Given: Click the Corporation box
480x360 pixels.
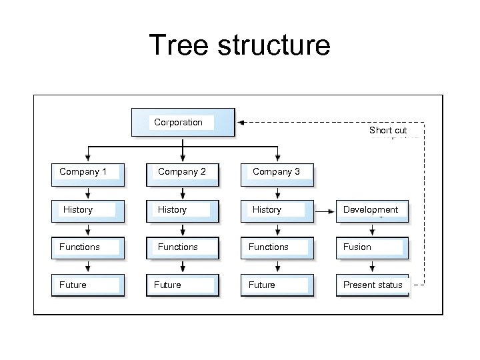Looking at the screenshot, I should (x=183, y=123).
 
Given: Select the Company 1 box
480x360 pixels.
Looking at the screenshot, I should (x=88, y=172).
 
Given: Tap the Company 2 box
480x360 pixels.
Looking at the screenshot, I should (x=183, y=172).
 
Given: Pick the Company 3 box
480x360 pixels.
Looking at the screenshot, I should (x=277, y=172).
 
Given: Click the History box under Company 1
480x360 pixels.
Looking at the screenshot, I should (x=88, y=210).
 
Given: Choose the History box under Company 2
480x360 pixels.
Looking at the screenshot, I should (x=183, y=210).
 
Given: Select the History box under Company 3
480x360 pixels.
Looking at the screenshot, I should (x=277, y=210).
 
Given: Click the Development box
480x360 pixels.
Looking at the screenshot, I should (x=372, y=210).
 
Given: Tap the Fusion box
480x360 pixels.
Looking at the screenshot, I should (x=372, y=247).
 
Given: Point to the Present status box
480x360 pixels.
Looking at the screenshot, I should (x=372, y=285).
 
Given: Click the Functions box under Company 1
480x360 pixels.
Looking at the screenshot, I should (x=88, y=247).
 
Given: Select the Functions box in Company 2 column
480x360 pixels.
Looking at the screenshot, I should (x=183, y=247).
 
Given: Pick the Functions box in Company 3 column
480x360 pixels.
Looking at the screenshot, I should (x=277, y=247).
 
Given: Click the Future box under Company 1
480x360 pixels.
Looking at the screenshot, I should (x=88, y=285).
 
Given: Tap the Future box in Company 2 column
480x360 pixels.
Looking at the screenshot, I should (x=183, y=285).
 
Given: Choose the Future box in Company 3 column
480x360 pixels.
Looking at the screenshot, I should (x=277, y=285).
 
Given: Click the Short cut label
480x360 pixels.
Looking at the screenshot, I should (x=388, y=131).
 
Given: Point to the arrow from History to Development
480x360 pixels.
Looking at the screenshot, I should (x=324, y=211).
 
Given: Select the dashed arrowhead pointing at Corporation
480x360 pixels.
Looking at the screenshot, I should (x=241, y=123).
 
